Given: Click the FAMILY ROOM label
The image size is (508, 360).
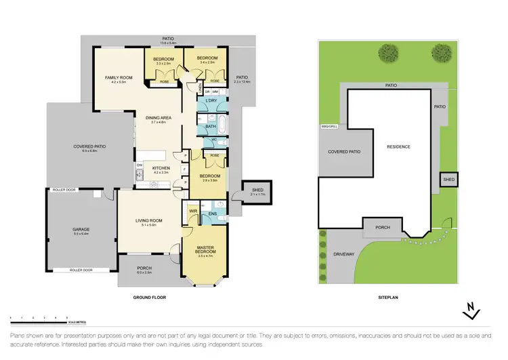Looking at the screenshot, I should click(x=118, y=79).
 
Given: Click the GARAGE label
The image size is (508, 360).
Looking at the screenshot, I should click(x=81, y=229).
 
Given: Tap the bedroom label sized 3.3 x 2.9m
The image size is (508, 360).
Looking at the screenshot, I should click(x=163, y=60).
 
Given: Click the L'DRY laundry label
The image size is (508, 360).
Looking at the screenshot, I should click(x=210, y=102).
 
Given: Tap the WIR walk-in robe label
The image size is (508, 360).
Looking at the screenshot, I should click(x=193, y=211).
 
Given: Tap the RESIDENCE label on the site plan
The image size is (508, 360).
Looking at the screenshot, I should click(x=399, y=146).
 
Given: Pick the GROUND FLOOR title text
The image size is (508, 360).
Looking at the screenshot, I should click(x=149, y=298).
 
